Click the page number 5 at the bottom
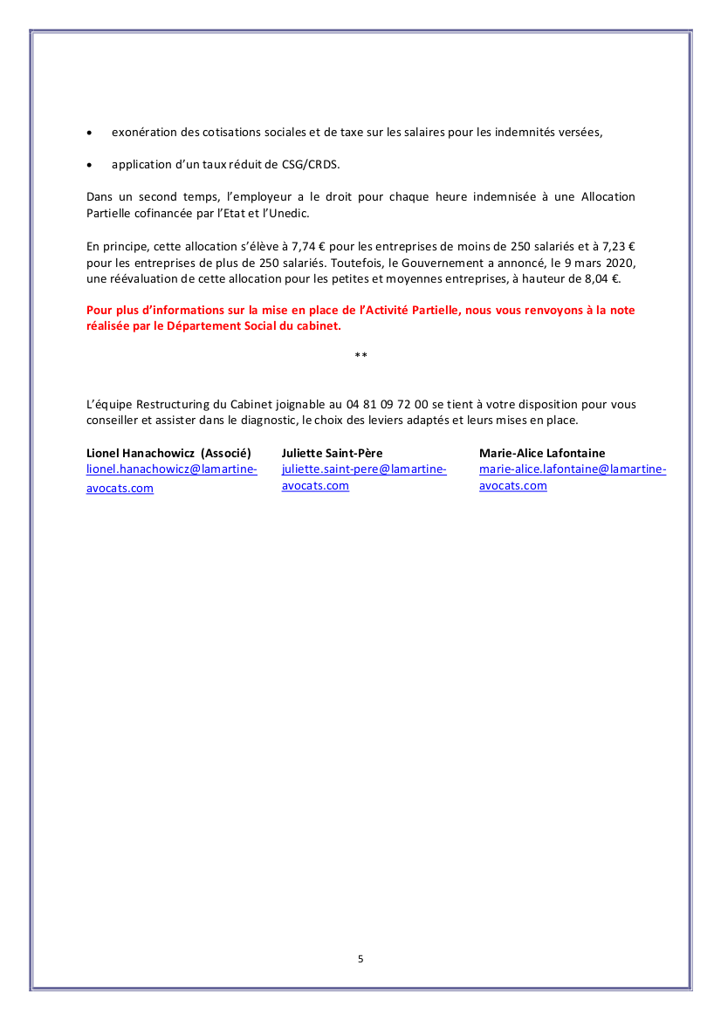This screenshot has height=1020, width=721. [360, 959]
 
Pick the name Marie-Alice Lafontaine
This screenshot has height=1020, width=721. [542, 453]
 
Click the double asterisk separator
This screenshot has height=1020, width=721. [360, 355]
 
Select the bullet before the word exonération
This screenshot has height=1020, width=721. [90, 133]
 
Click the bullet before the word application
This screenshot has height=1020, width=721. [90, 164]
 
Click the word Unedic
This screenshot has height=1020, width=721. [291, 213]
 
